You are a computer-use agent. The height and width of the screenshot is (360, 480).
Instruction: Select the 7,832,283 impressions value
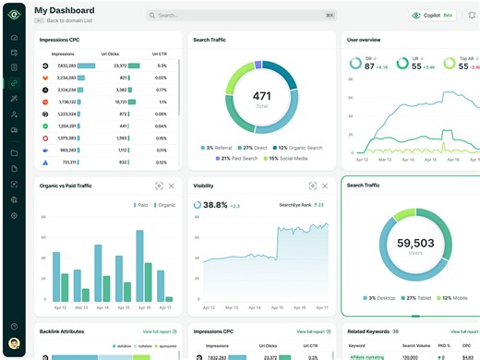click(66, 66)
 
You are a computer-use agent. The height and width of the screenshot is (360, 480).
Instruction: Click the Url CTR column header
click(160, 54)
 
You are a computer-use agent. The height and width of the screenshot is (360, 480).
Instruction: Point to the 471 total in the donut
click(261, 97)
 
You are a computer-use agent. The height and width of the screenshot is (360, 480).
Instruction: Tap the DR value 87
click(369, 66)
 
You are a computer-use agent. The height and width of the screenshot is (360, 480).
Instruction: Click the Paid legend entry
click(142, 205)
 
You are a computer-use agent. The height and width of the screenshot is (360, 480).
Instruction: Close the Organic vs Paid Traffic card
click(172, 186)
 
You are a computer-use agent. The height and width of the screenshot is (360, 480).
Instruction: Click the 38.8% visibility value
click(214, 205)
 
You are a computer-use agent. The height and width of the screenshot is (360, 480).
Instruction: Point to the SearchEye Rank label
click(295, 205)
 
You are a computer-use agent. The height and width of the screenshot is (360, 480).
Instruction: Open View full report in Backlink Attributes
click(160, 330)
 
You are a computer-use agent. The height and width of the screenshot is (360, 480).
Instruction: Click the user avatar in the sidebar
click(14, 344)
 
